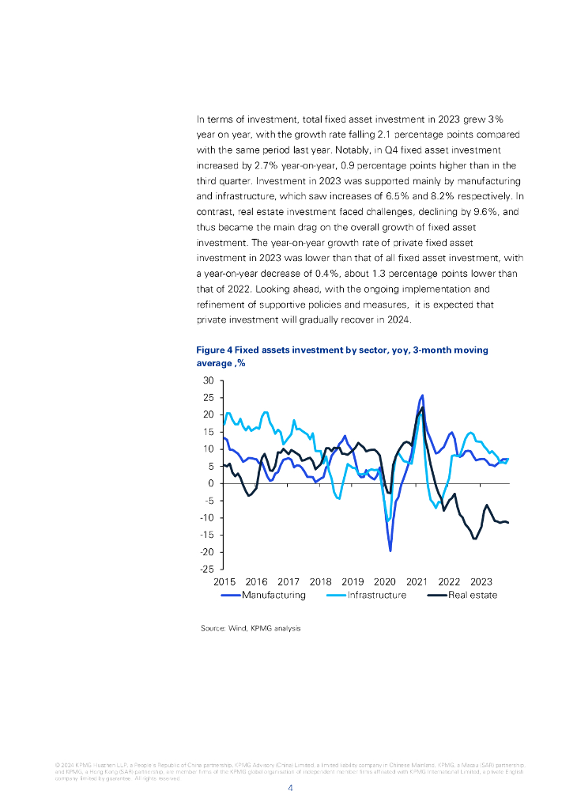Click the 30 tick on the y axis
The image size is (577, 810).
[209, 380]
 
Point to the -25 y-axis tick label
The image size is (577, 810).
[207, 570]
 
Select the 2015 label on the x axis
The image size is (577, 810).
[224, 581]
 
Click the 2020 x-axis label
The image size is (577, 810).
[384, 581]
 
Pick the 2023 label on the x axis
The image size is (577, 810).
[481, 581]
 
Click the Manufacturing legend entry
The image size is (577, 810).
[273, 595]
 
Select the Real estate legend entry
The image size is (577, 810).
[473, 595]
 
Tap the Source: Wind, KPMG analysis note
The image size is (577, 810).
[251, 628]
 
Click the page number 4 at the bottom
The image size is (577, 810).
[290, 788]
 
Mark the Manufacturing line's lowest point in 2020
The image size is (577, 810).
[390, 550]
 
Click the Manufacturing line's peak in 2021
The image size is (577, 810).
[422, 395]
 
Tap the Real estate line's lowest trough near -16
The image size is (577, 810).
[474, 538]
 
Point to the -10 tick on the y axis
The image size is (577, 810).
[207, 518]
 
